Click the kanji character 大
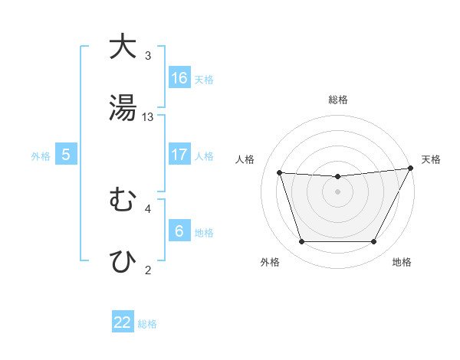tap(123, 47)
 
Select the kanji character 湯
tap(123, 107)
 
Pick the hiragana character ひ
tap(123, 260)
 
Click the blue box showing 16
tap(179, 77)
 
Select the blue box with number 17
tap(179, 155)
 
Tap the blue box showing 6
tap(179, 231)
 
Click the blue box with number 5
tap(66, 155)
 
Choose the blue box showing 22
tap(123, 322)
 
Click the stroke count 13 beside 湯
tap(148, 116)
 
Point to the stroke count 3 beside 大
tap(148, 56)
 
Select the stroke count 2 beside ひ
tap(148, 269)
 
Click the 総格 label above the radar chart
tap(338, 100)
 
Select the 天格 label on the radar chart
tap(432, 159)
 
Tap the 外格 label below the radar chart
tap(270, 262)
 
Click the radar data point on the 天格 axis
tap(412, 169)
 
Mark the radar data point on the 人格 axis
tap(280, 173)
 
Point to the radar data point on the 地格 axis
tap(374, 242)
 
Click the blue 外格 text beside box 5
tap(41, 155)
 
